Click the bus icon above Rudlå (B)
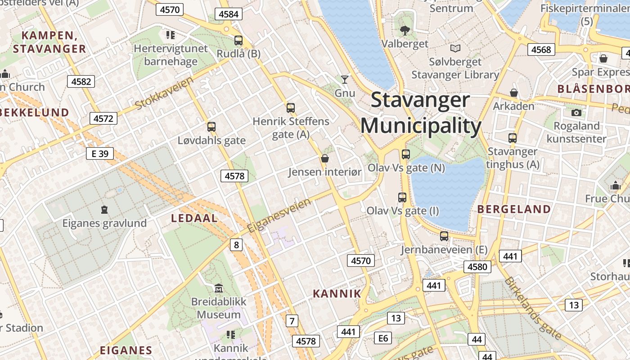coord(238,40)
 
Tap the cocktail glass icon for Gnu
coord(345,80)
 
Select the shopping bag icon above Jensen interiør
coord(324,158)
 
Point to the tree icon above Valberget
coord(405,30)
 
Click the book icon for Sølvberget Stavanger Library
coord(455,48)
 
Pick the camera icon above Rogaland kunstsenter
coord(576,112)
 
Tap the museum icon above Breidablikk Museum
coord(219,288)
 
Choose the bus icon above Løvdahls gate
coord(211,127)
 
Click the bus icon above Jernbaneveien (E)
coord(444,236)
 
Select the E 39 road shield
coord(100,153)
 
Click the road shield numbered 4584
coord(229,14)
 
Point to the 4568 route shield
coord(541,49)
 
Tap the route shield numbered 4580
coord(477,267)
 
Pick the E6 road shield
coord(383,338)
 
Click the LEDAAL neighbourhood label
coord(194,218)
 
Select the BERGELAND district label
coord(514,209)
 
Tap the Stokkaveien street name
coord(164,93)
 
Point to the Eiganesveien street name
coord(279,215)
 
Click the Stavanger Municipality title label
coord(420,113)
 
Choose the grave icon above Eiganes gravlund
coord(104,209)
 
